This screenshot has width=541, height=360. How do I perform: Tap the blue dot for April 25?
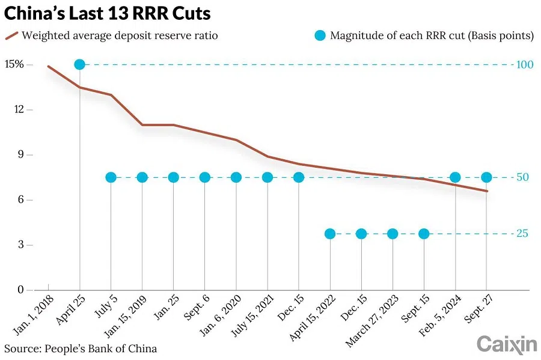pyautogui.click(x=79, y=64)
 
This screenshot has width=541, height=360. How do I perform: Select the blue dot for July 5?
pyautogui.click(x=111, y=177)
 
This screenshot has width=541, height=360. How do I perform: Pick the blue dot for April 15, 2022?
pyautogui.click(x=330, y=234)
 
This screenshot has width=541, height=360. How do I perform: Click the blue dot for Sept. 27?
pyautogui.click(x=486, y=177)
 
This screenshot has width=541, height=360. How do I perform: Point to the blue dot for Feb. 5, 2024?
pyautogui.click(x=455, y=177)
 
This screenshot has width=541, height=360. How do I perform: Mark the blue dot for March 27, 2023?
pyautogui.click(x=393, y=234)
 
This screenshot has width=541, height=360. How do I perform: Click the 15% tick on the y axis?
pyautogui.click(x=14, y=64)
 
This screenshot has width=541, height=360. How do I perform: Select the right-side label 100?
pyautogui.click(x=525, y=64)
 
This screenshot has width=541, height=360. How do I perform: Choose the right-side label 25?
pyautogui.click(x=522, y=234)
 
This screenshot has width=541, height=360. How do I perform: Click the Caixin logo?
pyautogui.click(x=506, y=344)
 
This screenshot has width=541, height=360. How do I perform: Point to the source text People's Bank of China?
pyautogui.click(x=81, y=348)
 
